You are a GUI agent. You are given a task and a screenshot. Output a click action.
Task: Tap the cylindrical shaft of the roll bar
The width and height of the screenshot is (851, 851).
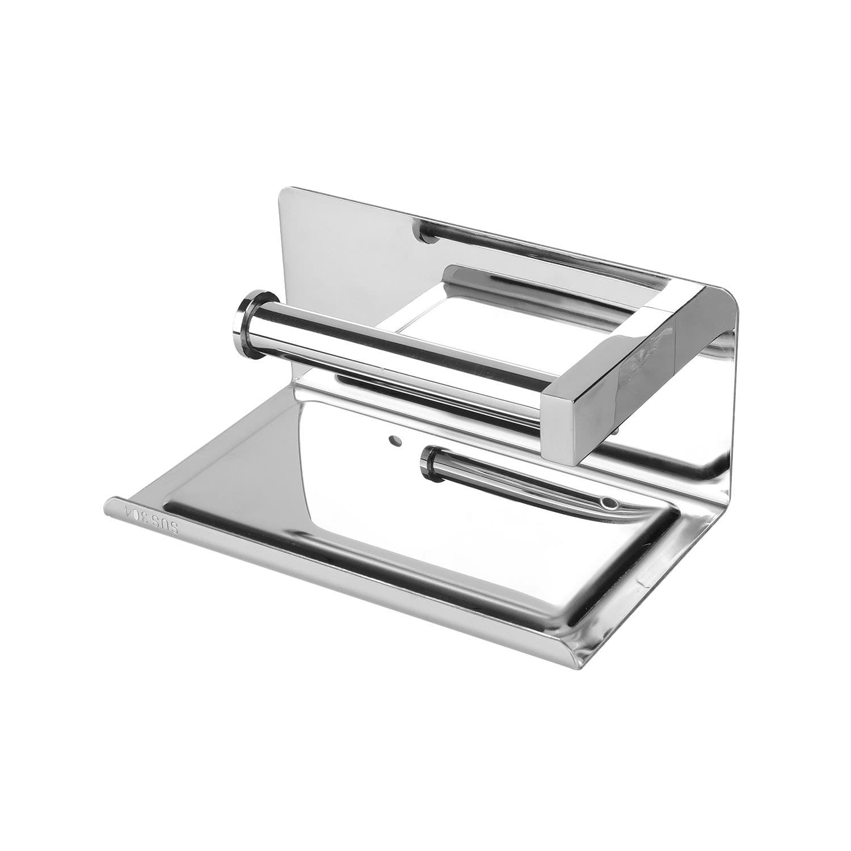tap(397, 363)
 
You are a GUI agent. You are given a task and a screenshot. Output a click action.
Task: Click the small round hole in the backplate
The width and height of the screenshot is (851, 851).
tap(393, 440)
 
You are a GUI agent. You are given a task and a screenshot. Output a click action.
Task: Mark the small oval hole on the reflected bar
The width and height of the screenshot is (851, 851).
tap(609, 503)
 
